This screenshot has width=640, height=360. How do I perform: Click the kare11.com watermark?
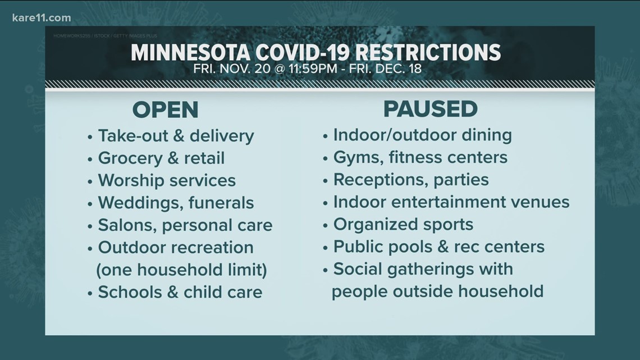[x=41, y=18]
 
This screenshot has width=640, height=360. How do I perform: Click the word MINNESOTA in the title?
[x=190, y=53]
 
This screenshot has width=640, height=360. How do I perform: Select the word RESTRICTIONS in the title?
[x=428, y=53]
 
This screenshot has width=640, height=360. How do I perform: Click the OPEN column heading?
[x=165, y=110]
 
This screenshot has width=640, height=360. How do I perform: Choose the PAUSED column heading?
[x=430, y=109]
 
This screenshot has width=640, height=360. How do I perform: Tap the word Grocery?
[x=130, y=159]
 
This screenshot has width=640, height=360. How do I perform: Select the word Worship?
[x=131, y=181]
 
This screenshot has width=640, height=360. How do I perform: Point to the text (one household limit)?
[x=182, y=270]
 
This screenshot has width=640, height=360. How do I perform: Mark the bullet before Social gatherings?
[x=325, y=270]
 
